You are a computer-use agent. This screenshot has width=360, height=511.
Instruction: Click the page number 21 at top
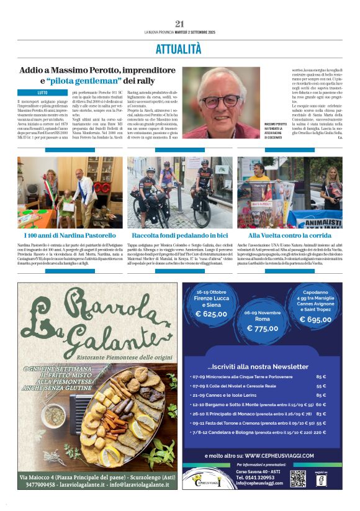[x=180, y=24]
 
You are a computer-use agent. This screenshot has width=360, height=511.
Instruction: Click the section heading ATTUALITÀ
[x=179, y=48]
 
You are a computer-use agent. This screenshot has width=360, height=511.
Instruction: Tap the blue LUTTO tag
[x=42, y=92]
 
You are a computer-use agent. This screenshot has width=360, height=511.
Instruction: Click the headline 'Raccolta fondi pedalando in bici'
[x=179, y=236]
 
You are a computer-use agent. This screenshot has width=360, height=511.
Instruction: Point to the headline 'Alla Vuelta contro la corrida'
[x=289, y=236]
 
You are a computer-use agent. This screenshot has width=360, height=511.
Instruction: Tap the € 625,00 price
[x=211, y=314]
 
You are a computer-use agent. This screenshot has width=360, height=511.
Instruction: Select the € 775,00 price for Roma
[x=262, y=328]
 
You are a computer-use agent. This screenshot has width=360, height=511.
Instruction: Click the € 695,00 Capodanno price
[x=315, y=320]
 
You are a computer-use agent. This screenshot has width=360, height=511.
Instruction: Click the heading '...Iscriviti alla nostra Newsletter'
[x=258, y=366]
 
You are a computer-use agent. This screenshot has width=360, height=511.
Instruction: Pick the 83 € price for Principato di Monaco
[x=321, y=414]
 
